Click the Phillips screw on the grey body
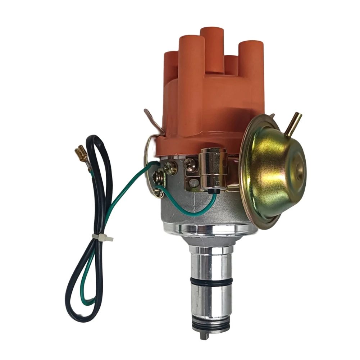(170, 167)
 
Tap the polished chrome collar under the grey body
(209, 230)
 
